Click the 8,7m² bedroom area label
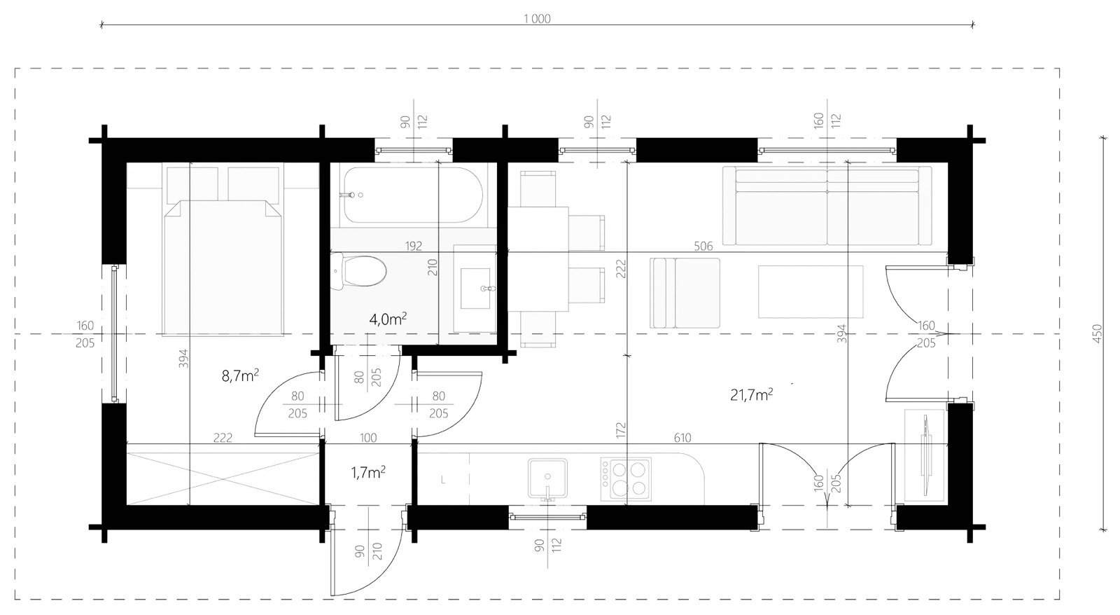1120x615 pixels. pyautogui.click(x=240, y=375)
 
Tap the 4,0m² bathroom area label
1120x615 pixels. pyautogui.click(x=388, y=319)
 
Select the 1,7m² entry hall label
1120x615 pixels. pyautogui.click(x=368, y=472)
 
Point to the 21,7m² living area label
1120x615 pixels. pyautogui.click(x=752, y=395)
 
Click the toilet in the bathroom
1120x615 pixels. pyautogui.click(x=359, y=271)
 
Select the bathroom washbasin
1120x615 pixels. pyautogui.click(x=475, y=288)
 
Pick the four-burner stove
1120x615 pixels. pyautogui.click(x=626, y=479)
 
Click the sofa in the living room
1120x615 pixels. pyautogui.click(x=827, y=206)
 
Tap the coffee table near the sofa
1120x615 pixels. pyautogui.click(x=811, y=291)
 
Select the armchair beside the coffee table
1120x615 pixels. pyautogui.click(x=685, y=293)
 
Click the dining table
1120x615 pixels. pyautogui.click(x=538, y=259)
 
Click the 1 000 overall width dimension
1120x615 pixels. pyautogui.click(x=537, y=19)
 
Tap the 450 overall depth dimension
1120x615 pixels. pyautogui.click(x=1096, y=333)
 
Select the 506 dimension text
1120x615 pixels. pyautogui.click(x=703, y=246)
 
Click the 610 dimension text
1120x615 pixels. pyautogui.click(x=682, y=438)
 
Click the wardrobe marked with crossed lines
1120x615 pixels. pyautogui.click(x=223, y=479)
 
